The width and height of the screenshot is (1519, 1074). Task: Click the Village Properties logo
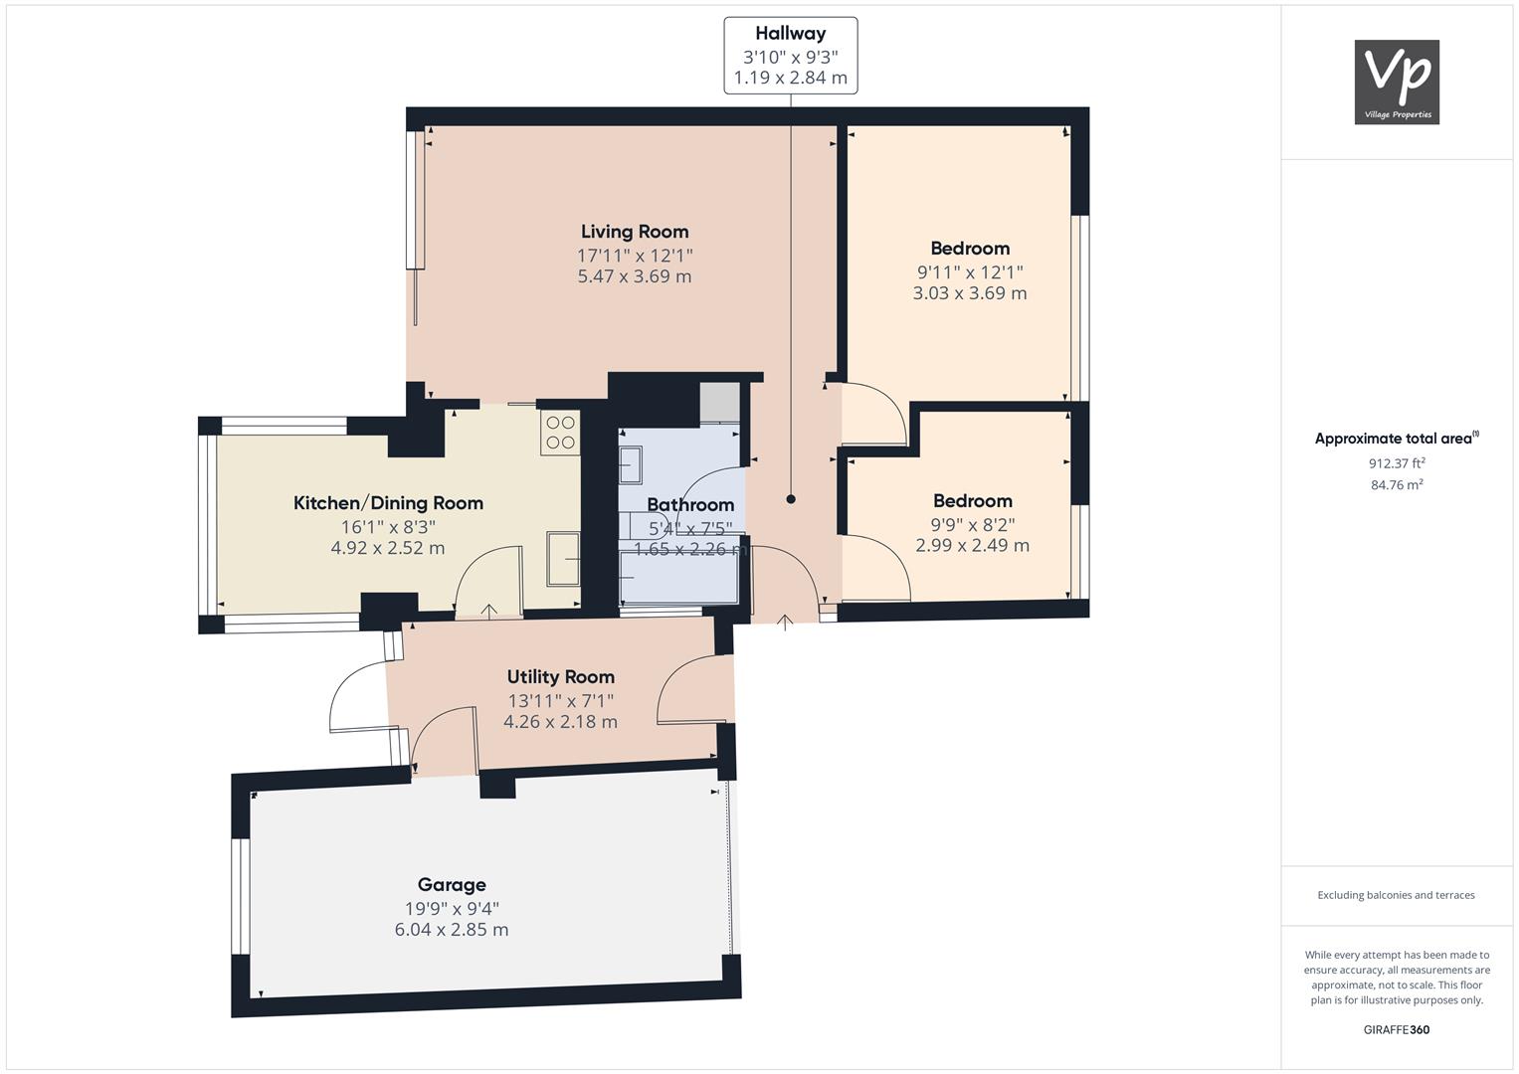coord(1397,83)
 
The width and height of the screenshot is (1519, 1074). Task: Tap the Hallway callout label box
coord(790,56)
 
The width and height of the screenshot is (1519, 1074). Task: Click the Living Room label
coord(635,232)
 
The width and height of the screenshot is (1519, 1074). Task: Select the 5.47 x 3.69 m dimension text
coord(635,276)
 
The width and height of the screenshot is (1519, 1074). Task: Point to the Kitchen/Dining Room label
coord(388,503)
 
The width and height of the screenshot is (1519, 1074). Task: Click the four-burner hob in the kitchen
coord(560,433)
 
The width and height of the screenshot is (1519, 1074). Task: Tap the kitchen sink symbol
coord(563,560)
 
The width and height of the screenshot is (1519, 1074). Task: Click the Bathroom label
coord(690,505)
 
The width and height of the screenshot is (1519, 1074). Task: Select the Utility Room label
coord(560,677)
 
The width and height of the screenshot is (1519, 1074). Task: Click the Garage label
coord(452,885)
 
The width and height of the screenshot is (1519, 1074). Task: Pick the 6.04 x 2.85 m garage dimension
coord(452,930)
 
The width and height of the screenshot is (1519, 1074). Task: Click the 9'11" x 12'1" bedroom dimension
coord(970,271)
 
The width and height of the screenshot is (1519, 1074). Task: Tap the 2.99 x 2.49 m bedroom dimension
coord(972,545)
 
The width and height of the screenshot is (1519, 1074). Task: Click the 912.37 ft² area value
coord(1397,463)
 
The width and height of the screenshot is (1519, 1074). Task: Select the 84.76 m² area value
coord(1397,485)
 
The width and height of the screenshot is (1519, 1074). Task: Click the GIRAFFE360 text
coord(1397,1029)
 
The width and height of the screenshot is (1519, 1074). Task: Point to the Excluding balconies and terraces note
coord(1397,895)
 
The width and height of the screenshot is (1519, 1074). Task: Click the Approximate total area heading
coord(1396,439)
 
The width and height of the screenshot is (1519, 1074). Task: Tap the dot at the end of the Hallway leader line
coord(791,499)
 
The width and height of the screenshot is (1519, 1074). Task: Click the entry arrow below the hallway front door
coord(784,623)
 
